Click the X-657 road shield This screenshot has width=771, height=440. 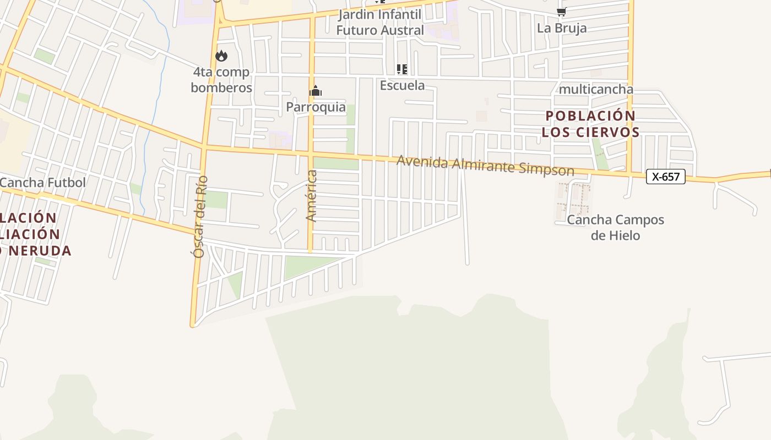click(665, 177)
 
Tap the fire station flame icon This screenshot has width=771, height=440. click(221, 56)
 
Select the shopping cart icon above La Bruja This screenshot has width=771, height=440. click(561, 12)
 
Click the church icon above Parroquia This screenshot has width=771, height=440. click(315, 91)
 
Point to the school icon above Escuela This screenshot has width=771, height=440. click(402, 69)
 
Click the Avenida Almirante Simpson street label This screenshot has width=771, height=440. click(485, 166)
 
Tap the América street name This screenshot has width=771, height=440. click(312, 196)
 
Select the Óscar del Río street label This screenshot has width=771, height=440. click(200, 217)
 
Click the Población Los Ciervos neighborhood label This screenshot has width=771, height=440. click(590, 124)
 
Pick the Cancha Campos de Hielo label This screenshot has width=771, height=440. click(615, 228)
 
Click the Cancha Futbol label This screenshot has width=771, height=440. click(42, 182)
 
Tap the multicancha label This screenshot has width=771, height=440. click(595, 89)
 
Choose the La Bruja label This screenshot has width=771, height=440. click(562, 28)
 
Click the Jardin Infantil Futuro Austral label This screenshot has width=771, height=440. click(380, 22)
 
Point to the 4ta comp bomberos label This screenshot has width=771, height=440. click(221, 80)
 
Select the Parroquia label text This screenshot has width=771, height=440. click(316, 107)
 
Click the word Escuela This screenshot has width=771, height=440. click(402, 85)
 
